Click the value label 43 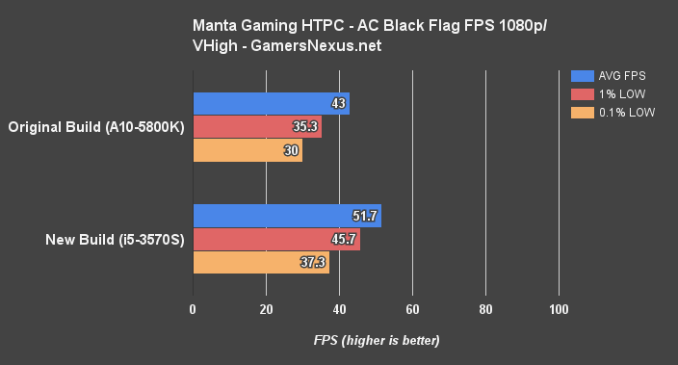click(x=338, y=104)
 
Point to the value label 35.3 click(x=307, y=127)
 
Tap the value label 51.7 click(x=367, y=217)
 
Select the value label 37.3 click(x=314, y=263)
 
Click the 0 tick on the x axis click(x=194, y=309)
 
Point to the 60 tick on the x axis click(x=412, y=309)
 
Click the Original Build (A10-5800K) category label click(x=96, y=127)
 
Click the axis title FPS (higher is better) click(x=376, y=341)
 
